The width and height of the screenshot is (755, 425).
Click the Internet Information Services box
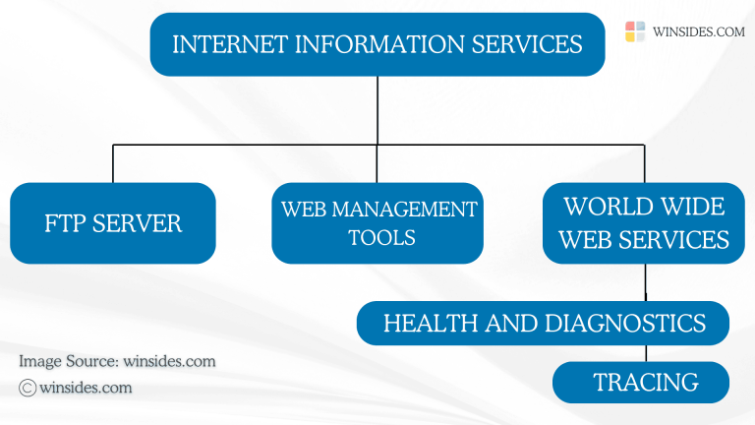pyautogui.click(x=377, y=44)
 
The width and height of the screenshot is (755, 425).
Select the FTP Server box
pyautogui.click(x=113, y=223)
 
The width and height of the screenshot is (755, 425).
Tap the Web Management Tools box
pyautogui.click(x=377, y=223)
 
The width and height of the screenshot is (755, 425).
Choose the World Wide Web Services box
pyautogui.click(x=645, y=223)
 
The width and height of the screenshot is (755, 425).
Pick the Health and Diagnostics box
pyautogui.click(x=543, y=323)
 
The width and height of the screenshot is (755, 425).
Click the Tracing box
pyautogui.click(x=641, y=382)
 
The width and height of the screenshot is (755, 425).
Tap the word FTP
pyautogui.click(x=66, y=223)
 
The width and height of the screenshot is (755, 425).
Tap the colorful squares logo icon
pyautogui.click(x=635, y=31)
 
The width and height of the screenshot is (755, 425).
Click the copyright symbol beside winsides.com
pyautogui.click(x=28, y=388)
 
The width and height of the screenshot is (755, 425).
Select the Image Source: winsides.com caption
pyautogui.click(x=117, y=361)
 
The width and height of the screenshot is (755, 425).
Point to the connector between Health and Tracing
pyautogui.click(x=645, y=353)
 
